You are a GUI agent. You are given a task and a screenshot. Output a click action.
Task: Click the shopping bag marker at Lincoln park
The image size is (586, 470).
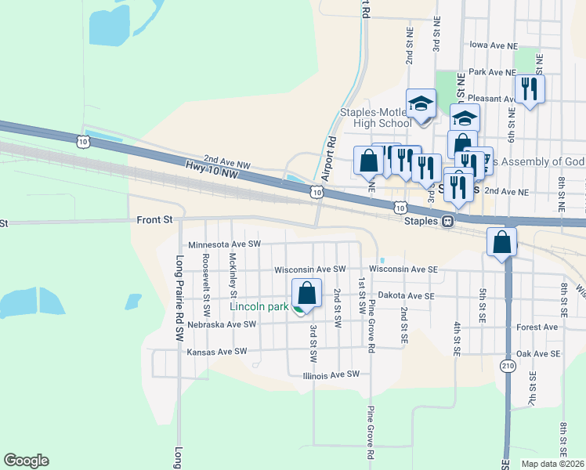pos(307,293)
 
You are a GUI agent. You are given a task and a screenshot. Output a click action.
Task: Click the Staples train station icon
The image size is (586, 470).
pos(447,222)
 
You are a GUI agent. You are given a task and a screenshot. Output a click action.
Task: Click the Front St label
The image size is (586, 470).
pos(154,220)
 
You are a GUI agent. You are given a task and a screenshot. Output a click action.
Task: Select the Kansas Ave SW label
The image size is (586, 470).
pos(217,352)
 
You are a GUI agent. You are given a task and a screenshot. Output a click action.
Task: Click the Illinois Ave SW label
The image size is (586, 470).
pos(331,374)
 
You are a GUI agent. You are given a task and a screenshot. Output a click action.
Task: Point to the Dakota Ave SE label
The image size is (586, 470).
pos(406,296)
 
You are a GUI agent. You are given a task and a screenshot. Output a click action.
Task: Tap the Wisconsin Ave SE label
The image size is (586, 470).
pos(403,269)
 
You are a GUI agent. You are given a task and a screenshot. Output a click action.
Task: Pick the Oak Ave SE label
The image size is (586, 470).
pos(538,354)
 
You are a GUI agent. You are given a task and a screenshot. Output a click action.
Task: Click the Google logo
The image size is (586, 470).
pos(26,461)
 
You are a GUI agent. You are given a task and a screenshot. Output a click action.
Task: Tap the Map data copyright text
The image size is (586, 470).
pos(552,464)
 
